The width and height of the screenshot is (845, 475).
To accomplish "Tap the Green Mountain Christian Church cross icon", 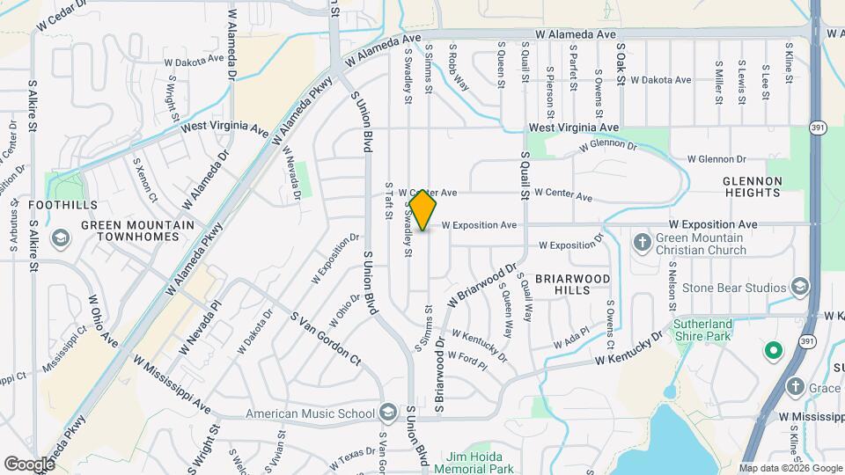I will (643, 241).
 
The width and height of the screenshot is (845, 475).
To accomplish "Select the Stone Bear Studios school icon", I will (800, 287).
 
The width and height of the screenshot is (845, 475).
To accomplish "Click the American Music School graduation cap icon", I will (388, 413).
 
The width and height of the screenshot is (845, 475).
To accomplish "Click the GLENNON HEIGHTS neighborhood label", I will (753, 186).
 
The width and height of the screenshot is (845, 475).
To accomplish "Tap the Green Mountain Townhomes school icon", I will (61, 238).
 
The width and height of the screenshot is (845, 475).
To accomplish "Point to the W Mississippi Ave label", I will (172, 384).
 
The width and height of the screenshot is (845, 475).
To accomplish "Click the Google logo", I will (29, 464).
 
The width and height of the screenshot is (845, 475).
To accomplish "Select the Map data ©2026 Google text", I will (790, 468).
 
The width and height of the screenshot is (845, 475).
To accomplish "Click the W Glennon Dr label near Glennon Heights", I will (715, 159).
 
